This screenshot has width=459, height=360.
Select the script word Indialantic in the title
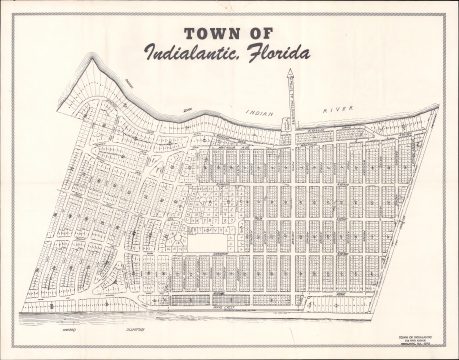pyautogui.click(x=194, y=52)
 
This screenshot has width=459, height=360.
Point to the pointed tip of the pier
pyautogui.click(x=290, y=70)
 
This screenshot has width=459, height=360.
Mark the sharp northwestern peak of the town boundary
pyautogui.click(x=95, y=57)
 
